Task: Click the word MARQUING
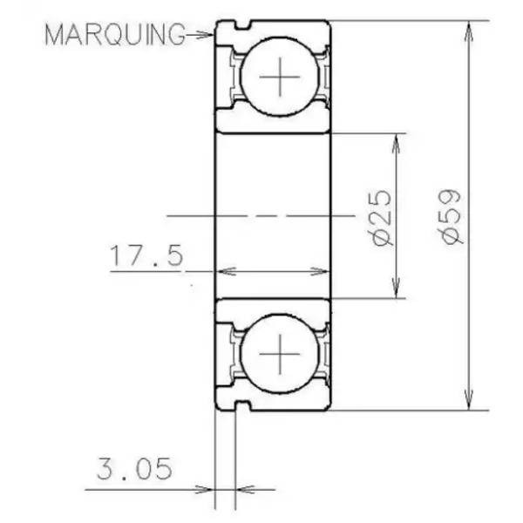coord(115,34)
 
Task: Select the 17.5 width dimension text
coord(146,255)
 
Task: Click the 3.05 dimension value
coord(134,469)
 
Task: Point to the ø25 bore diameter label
coord(381,218)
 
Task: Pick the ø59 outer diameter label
coord(451,216)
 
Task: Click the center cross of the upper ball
coord(280,77)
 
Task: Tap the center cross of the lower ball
coord(280,354)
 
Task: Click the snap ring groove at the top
coord(242,25)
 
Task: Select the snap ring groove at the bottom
coord(242,405)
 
